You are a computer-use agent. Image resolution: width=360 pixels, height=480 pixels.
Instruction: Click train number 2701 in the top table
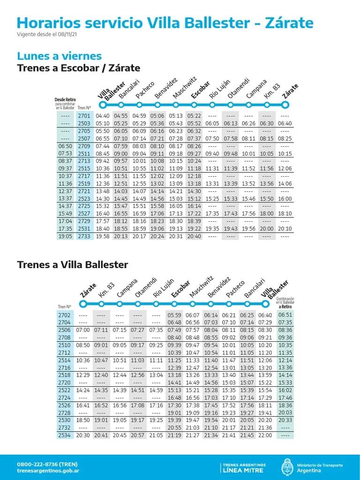(x=84, y=116)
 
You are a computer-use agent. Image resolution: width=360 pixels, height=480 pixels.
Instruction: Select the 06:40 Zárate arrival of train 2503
(x=285, y=124)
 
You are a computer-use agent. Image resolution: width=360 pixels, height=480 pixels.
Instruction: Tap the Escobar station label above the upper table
(x=201, y=90)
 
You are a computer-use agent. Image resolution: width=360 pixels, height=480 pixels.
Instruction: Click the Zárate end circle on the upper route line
(x=285, y=105)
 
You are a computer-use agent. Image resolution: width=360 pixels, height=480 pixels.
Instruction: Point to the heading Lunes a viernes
(x=60, y=56)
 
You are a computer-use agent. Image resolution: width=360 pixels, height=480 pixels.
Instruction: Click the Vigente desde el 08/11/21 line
(x=47, y=34)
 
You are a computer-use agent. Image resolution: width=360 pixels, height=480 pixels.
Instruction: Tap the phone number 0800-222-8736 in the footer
(x=47, y=464)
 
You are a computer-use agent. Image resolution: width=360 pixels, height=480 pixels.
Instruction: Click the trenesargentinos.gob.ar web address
(x=48, y=471)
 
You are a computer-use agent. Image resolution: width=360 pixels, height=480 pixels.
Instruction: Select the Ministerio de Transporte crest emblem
(x=287, y=467)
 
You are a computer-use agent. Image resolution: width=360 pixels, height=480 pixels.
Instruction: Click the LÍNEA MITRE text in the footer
(x=243, y=471)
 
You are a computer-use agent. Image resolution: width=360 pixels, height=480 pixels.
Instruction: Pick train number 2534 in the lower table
(x=64, y=435)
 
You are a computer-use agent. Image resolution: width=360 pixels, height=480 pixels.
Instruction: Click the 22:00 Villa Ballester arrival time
(x=265, y=435)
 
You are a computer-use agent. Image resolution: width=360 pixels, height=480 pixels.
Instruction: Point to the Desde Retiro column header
(x=65, y=100)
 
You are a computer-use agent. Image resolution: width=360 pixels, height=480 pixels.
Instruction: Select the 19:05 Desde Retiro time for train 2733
(x=65, y=236)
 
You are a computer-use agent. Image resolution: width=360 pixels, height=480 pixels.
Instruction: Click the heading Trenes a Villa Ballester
(x=73, y=265)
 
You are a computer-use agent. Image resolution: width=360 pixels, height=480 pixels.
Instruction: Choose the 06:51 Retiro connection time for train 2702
(x=285, y=315)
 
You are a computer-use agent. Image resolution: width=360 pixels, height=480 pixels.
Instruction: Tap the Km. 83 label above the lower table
(x=106, y=290)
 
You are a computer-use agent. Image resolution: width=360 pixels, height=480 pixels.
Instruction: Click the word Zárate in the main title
(x=289, y=23)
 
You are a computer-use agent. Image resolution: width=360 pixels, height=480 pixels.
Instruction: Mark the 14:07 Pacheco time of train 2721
(x=139, y=191)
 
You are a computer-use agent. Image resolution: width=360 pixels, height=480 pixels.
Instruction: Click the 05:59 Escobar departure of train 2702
(x=174, y=315)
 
